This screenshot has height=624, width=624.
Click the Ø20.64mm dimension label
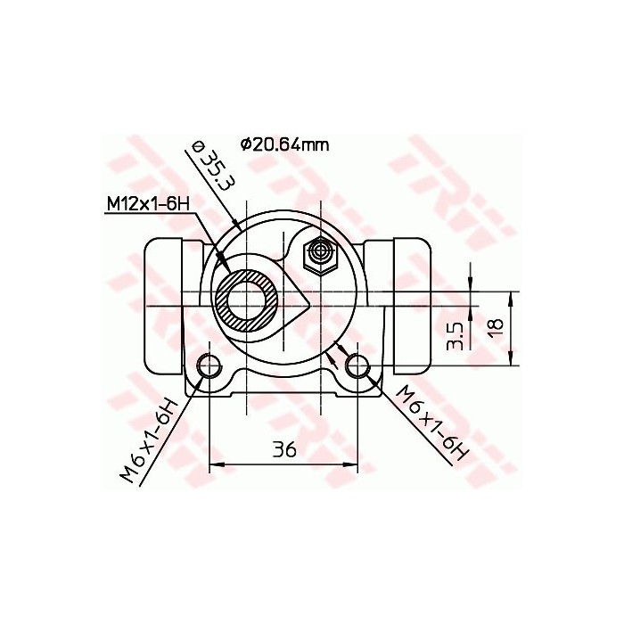pos(283,144)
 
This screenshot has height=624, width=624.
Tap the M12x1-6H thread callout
pos(149,204)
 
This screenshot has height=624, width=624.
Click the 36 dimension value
pos(283,450)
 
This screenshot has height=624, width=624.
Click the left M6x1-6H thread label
pos(152,442)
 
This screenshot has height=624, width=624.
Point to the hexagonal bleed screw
pos(318,257)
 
